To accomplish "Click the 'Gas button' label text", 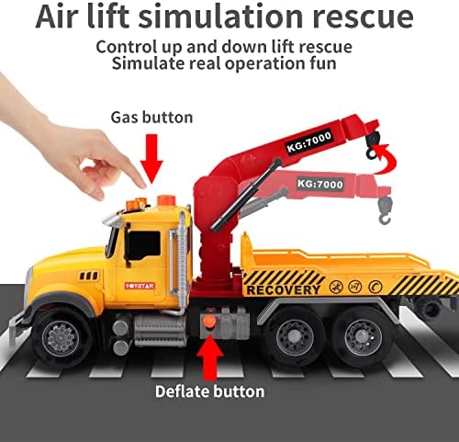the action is coord(151,118).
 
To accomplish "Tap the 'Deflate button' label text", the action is coord(210,391).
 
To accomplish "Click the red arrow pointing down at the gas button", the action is coord(151,159).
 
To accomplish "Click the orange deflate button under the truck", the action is coord(210,323).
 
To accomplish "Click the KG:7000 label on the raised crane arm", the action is coord(309,142).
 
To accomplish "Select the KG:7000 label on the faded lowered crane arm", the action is coord(320,184).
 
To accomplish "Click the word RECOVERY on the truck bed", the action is coord(284,289).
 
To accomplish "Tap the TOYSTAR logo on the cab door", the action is coord(140,286).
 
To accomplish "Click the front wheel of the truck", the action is coord(61,338).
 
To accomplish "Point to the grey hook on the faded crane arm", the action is coord(385,210).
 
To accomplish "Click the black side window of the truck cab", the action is coord(142,245).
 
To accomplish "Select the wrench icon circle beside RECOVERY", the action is coord(336,287).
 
